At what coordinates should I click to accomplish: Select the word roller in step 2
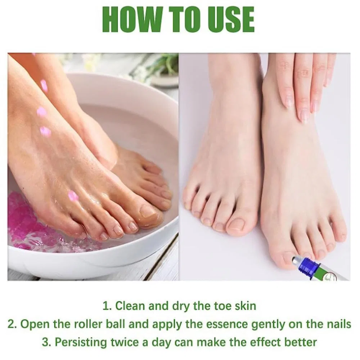[x=89, y=324]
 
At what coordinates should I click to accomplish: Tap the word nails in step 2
[x=339, y=324]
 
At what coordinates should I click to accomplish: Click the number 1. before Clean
[x=107, y=306]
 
